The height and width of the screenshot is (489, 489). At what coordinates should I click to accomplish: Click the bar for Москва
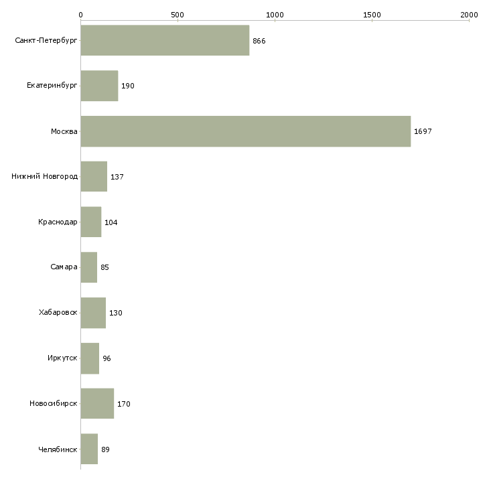pos(245,131)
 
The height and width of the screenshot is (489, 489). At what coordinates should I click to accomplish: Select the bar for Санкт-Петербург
pos(165,41)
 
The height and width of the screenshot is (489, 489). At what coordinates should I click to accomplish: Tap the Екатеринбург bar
pos(99,86)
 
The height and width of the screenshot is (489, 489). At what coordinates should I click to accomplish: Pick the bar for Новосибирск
pos(97,404)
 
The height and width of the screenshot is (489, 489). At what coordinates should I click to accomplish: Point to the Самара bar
pos(89,267)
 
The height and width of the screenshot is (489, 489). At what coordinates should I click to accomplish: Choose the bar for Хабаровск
pos(93,313)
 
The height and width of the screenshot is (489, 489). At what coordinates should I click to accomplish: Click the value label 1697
pos(423,131)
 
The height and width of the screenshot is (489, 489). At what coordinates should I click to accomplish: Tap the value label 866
pos(259,41)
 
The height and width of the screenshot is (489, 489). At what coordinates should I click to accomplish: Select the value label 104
pos(111,222)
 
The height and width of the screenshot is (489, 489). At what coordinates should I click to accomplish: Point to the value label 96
pos(107,358)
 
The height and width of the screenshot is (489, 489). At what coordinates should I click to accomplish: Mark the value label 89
pos(106,449)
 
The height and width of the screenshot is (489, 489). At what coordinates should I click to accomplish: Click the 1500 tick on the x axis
pos(372,14)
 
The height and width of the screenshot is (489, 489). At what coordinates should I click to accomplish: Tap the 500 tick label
pos(178,14)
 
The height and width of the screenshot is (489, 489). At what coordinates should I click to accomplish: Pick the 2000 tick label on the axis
pos(469,14)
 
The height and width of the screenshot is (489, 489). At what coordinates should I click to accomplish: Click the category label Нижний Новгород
pos(45,177)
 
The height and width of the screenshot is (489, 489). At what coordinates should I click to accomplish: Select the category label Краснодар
pos(58,222)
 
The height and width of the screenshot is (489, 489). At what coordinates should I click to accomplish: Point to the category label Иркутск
pos(62,358)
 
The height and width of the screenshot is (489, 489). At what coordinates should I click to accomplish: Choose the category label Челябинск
pos(58,449)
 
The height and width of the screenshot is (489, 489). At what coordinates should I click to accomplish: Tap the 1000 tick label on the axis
pos(275,14)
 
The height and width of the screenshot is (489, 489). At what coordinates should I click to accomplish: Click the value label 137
pos(117,177)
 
